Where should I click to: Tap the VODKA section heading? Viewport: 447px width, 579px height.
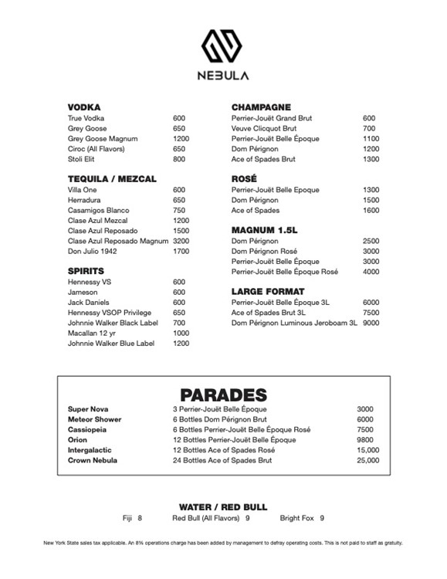[x=84, y=107]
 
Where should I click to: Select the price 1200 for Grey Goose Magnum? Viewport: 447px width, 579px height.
[x=181, y=138]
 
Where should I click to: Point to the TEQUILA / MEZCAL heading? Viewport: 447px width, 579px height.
[x=112, y=178]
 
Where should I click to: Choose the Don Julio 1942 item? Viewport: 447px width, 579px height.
[x=93, y=251]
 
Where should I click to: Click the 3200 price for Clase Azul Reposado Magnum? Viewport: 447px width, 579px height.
[x=181, y=241]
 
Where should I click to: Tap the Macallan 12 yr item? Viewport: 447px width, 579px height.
[x=91, y=333]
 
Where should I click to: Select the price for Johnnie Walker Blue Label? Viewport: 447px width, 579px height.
[x=181, y=344]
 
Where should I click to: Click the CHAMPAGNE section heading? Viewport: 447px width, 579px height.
[x=261, y=107]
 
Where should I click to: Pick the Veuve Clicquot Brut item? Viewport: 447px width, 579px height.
[x=263, y=128]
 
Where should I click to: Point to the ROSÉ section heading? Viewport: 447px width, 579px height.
[x=244, y=178]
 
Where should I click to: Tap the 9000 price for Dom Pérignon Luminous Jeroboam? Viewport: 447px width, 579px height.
[x=371, y=323]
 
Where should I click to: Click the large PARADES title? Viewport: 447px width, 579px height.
[x=223, y=394]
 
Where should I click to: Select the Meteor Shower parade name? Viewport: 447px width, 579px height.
[x=94, y=419]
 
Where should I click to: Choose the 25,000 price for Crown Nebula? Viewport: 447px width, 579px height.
[x=368, y=460]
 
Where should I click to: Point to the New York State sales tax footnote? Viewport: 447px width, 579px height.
[x=223, y=543]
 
